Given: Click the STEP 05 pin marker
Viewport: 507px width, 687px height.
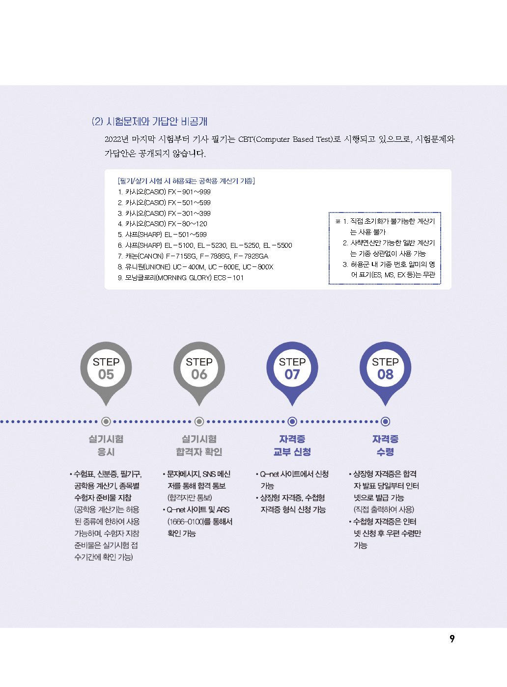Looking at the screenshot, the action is (106, 372).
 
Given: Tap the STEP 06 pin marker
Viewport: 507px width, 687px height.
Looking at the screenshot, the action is (199, 372).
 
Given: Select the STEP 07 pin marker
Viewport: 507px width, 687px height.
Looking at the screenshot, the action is (292, 372).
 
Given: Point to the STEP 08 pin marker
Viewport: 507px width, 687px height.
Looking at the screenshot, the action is (385, 372).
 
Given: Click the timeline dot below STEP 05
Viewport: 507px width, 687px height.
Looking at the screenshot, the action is (106, 422).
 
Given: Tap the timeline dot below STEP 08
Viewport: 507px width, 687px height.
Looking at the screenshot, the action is (385, 422).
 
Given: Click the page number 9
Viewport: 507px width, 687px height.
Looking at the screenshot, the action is (451, 638).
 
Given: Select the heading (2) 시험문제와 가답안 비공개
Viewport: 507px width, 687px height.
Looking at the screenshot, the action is (149, 122).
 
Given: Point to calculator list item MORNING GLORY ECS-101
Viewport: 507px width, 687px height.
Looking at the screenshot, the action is (181, 278).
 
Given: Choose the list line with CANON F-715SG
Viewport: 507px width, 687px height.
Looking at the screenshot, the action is (193, 256).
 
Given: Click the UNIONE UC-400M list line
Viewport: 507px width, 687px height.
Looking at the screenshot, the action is (196, 267).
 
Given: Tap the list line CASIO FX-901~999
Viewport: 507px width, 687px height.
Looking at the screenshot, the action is (164, 192).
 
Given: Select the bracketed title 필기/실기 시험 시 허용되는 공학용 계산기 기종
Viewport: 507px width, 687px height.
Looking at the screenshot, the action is (186, 181).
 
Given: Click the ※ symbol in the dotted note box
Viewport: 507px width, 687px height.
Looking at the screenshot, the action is (338, 221).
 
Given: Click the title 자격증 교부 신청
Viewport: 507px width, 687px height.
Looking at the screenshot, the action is (292, 446).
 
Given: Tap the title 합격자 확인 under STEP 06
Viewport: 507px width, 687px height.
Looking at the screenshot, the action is (199, 452).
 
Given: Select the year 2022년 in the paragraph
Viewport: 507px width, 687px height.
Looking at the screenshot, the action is (116, 139).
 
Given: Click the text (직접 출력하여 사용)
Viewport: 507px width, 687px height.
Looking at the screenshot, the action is (384, 509).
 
